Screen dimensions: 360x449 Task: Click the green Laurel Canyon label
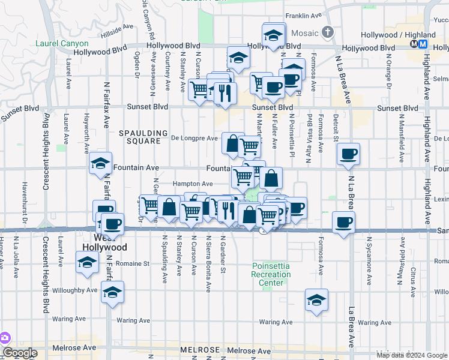[62, 44]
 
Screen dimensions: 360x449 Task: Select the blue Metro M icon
[423, 44]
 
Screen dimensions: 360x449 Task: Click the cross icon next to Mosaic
[327, 32]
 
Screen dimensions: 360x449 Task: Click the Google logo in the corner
[19, 353]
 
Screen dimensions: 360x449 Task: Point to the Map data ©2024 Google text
[412, 355]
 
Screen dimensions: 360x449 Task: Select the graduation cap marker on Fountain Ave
[100, 163]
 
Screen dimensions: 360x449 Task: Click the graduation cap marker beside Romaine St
[88, 262]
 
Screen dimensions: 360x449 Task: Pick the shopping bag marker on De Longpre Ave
[232, 143]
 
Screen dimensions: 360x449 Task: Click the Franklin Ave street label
[304, 16]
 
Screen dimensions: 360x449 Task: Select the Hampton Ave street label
[193, 184]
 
